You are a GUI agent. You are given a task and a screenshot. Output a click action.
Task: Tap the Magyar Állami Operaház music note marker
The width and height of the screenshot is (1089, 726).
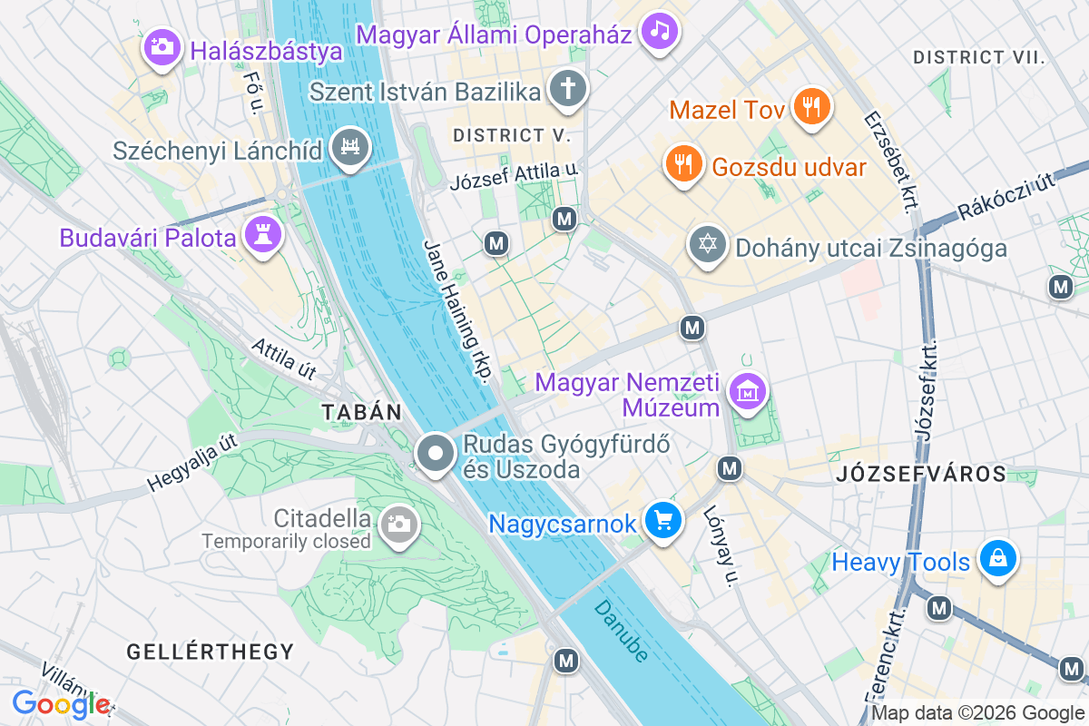[x=660, y=32]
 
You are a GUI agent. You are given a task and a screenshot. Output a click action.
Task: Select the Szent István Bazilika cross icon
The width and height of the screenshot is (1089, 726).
[x=568, y=89]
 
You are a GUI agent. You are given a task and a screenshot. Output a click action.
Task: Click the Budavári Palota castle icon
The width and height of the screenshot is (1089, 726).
[x=264, y=236]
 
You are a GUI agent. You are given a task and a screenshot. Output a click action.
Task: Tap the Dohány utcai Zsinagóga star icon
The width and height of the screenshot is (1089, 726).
[x=707, y=245]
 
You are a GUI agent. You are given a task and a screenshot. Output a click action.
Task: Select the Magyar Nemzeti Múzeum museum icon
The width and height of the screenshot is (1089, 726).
[x=749, y=392]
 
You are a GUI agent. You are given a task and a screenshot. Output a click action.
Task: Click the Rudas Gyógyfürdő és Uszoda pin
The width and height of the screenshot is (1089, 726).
[x=436, y=453]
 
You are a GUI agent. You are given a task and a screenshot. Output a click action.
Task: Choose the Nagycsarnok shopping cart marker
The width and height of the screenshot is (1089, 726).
[x=663, y=521]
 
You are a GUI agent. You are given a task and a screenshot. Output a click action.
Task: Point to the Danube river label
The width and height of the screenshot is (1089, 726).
[x=623, y=631]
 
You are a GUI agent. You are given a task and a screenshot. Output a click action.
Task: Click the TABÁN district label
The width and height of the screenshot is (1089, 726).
[x=361, y=412]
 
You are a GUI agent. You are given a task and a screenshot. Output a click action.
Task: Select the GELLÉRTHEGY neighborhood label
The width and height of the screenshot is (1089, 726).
[x=211, y=651]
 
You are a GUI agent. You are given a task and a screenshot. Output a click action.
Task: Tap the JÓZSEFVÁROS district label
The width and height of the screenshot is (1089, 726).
[x=920, y=473]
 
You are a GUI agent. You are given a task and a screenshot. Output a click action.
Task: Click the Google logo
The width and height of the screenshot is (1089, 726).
[x=61, y=704]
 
